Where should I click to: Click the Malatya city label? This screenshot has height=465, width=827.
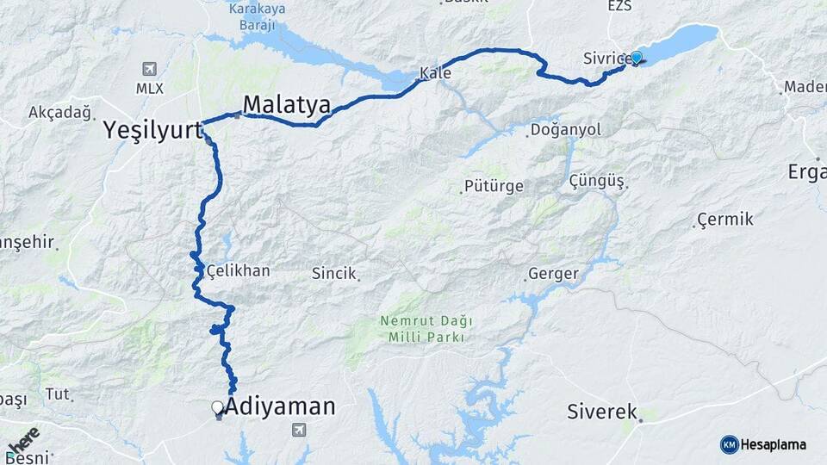click(x=287, y=105)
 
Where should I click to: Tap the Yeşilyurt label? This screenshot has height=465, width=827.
click(x=152, y=130)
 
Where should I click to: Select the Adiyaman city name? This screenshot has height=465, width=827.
click(x=279, y=406)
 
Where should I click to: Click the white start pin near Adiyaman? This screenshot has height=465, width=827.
click(x=218, y=408)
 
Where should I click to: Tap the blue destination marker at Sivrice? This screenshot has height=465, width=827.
click(x=637, y=58)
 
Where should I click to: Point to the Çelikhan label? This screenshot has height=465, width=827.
click(x=238, y=270)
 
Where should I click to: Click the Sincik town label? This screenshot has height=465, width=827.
click(x=333, y=273)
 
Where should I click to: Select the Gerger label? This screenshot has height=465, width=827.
click(x=553, y=275)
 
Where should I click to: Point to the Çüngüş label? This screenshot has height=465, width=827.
click(x=596, y=181)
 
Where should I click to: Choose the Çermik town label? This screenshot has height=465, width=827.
click(x=725, y=219)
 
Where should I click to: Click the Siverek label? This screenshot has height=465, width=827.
click(x=601, y=411)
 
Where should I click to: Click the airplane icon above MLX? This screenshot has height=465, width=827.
click(x=150, y=69)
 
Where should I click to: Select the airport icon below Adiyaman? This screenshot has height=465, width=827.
click(x=299, y=429)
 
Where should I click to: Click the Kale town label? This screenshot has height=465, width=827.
click(x=436, y=73)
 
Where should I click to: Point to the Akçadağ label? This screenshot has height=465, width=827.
click(x=59, y=112)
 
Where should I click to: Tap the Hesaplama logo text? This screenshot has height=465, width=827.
click(x=773, y=444)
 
